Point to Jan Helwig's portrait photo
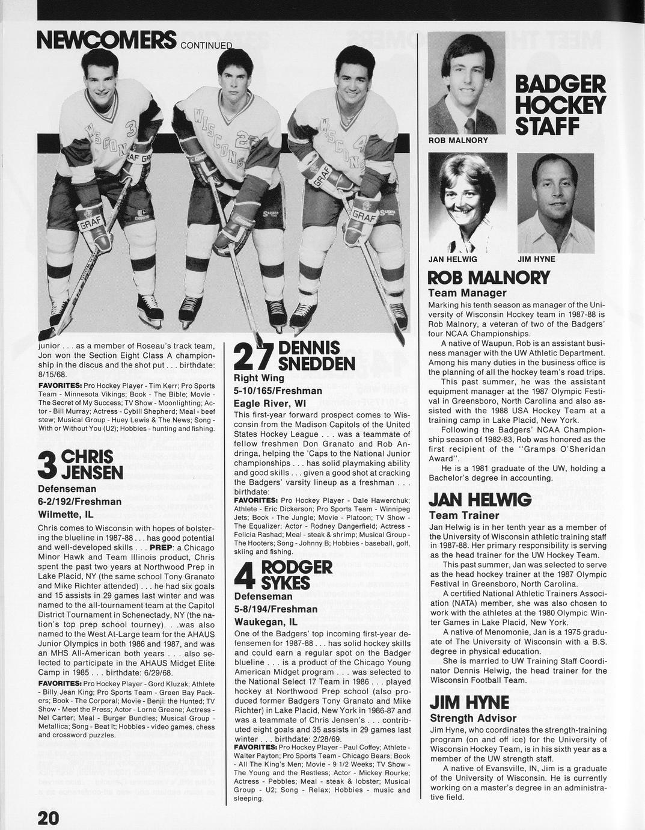coord(467,202)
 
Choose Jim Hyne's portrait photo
coord(555,203)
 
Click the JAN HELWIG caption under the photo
coord(453,259)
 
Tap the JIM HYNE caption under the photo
coord(536,259)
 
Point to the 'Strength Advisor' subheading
coord(473,718)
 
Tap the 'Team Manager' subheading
coord(467,293)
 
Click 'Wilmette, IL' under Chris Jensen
coord(66,515)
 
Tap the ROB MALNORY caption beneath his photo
coord(458,140)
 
